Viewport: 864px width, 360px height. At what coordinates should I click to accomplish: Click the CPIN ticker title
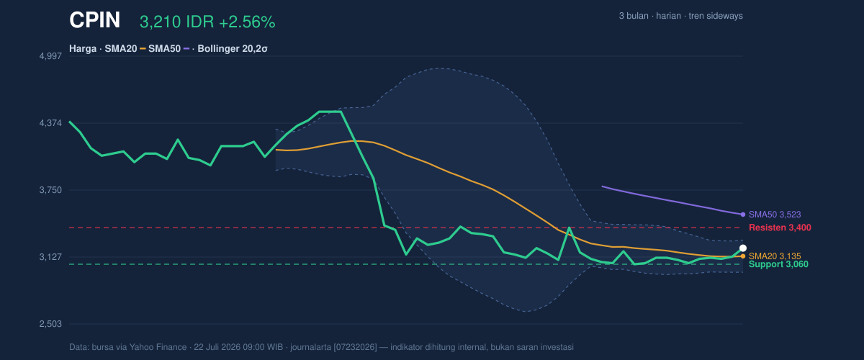94,20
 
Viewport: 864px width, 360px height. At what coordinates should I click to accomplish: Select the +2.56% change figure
247,22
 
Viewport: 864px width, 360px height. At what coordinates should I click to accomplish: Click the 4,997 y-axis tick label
50,56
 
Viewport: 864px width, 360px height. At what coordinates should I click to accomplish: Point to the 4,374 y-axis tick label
50,123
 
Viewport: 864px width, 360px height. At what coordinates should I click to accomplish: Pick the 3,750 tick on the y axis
50,190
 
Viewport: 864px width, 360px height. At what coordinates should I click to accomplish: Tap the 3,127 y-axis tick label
50,257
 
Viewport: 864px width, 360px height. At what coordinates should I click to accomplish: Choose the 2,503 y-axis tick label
50,324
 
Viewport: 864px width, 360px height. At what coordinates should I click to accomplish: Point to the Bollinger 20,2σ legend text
233,49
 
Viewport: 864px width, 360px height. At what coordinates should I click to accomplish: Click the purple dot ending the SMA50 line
743,215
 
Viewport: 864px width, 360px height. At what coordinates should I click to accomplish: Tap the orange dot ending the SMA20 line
743,256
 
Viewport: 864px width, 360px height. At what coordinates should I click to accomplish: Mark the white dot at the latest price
743,248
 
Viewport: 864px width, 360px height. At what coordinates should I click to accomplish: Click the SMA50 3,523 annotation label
775,215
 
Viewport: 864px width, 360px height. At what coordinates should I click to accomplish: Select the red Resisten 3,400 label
780,228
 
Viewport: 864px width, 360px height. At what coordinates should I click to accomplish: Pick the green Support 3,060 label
778,264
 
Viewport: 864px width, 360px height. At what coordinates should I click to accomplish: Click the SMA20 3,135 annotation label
775,256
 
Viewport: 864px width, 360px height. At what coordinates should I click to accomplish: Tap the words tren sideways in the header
716,16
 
